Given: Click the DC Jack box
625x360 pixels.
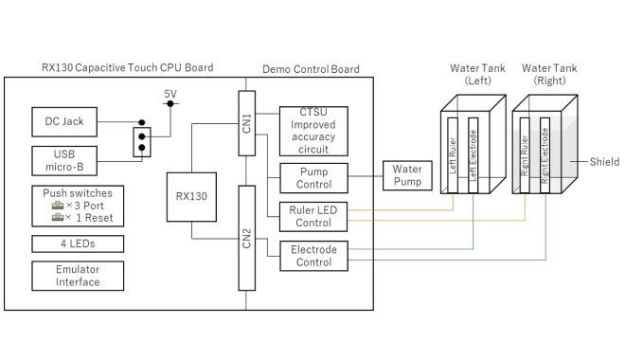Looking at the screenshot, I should (x=63, y=123).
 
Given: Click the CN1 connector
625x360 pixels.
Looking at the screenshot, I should (x=246, y=122).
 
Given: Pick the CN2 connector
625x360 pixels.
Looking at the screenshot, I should (x=246, y=237).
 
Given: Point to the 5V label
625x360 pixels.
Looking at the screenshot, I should (x=170, y=94).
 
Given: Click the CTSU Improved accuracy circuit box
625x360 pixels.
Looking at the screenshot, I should (x=312, y=129).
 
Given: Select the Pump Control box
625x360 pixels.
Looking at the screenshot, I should (x=312, y=177).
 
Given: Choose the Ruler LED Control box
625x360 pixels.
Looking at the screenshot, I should (x=312, y=217).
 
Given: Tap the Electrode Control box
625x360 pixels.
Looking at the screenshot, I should (x=312, y=256).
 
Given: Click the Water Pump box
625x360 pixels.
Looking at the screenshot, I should (x=407, y=175).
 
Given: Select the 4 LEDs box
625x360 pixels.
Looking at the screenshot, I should (x=63, y=243).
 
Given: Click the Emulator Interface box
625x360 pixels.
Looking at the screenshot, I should (x=63, y=276).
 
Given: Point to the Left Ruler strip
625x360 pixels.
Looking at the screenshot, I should (x=452, y=156).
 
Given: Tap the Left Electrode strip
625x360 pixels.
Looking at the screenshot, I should (x=473, y=156).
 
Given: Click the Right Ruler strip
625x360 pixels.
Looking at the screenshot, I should (x=524, y=156).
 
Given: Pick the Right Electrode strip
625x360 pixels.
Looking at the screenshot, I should (x=545, y=156).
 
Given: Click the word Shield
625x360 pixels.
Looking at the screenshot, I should (x=604, y=162).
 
